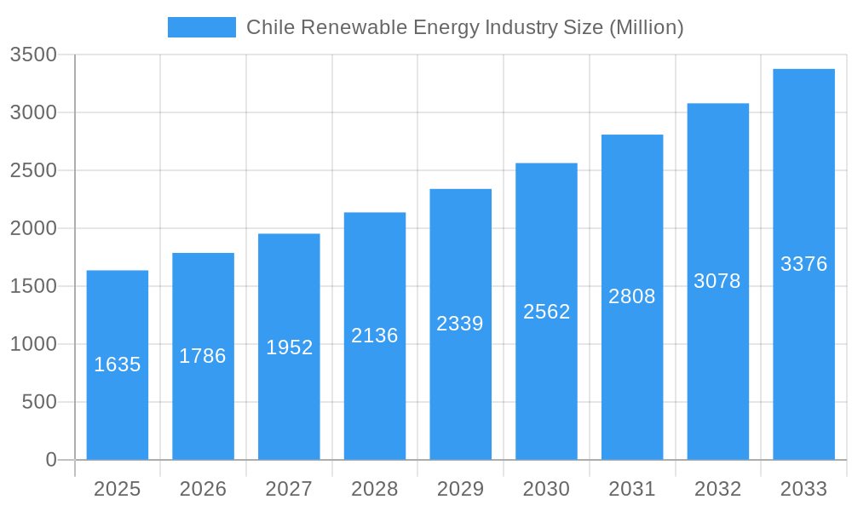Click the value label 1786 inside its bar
(x=203, y=356)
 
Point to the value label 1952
(x=290, y=347)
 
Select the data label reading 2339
(x=460, y=324)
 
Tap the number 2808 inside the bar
(x=632, y=296)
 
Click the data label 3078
(x=717, y=281)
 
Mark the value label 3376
(x=803, y=264)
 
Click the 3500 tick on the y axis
(x=33, y=55)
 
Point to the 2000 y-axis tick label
(x=33, y=228)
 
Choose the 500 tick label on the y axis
(x=39, y=402)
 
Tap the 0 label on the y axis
(x=50, y=460)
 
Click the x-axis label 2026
(x=203, y=489)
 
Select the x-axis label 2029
(x=460, y=489)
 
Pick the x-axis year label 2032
(x=717, y=489)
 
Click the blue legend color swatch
(x=202, y=27)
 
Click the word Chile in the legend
(x=267, y=27)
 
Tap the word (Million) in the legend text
(x=646, y=27)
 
